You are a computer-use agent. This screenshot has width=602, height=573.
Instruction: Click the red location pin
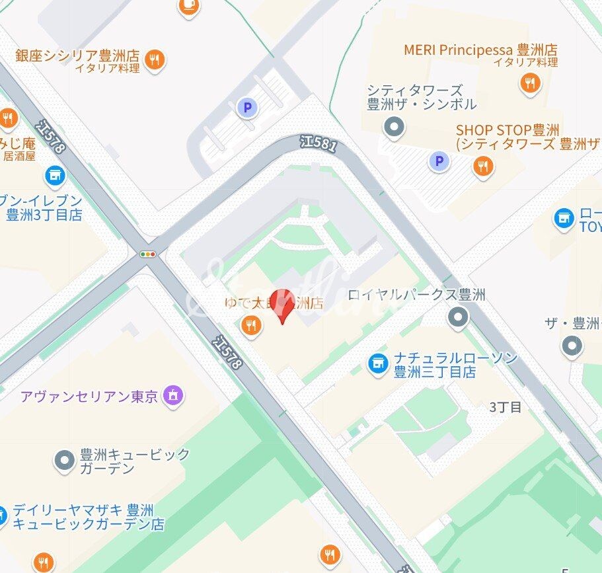pyautogui.click(x=284, y=305)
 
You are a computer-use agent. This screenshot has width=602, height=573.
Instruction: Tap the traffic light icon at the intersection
pyautogui.click(x=148, y=254)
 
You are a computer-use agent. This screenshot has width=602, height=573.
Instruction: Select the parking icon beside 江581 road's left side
pyautogui.click(x=247, y=107)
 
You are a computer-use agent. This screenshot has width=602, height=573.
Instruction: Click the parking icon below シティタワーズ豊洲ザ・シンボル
pyautogui.click(x=438, y=161)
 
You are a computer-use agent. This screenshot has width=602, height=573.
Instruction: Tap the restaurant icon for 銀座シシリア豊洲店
pyautogui.click(x=155, y=59)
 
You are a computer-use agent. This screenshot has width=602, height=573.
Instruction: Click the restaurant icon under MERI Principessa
pyautogui.click(x=529, y=83)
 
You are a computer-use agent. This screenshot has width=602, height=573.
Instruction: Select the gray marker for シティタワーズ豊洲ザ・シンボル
pyautogui.click(x=395, y=126)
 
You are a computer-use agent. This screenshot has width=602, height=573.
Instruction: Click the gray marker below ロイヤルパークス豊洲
pyautogui.click(x=457, y=318)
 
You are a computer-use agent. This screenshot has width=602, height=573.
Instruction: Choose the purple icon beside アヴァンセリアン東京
pyautogui.click(x=173, y=396)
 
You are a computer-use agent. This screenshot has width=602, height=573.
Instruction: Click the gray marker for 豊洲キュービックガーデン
pyautogui.click(x=64, y=461)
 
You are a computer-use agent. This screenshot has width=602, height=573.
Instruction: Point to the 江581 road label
pyautogui.click(x=317, y=143)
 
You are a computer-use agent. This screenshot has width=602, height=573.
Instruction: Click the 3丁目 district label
pyautogui.click(x=506, y=407)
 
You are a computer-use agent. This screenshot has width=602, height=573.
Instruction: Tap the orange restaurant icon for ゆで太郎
pyautogui.click(x=250, y=325)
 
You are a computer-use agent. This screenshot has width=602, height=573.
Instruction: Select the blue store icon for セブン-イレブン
pyautogui.click(x=54, y=176)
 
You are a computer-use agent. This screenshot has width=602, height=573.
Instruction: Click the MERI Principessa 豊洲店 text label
pyautogui.click(x=480, y=50)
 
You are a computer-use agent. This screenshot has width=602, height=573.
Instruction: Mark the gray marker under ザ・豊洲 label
pyautogui.click(x=571, y=345)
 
